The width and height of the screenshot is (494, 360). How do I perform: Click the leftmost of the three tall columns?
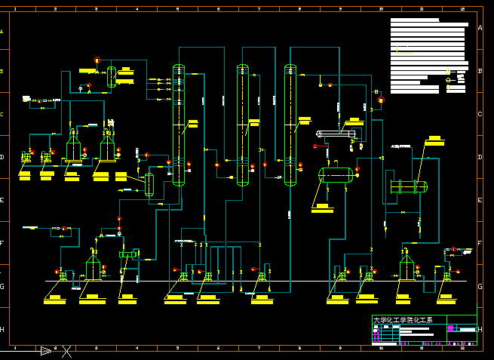pyautogui.click(x=179, y=125)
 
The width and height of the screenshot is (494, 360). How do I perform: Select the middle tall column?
pyautogui.click(x=242, y=125)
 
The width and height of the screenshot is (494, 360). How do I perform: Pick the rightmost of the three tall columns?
pyautogui.click(x=290, y=125)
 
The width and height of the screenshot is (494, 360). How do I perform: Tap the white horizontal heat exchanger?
pyautogui.click(x=335, y=134)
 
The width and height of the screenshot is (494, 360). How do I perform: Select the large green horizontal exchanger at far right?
pyautogui.click(x=408, y=187)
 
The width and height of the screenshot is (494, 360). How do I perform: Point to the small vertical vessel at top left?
pyautogui.click(x=111, y=76)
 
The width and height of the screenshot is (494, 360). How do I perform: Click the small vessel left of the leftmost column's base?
pyautogui.click(x=149, y=184)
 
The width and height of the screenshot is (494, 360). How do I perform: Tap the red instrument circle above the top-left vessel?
pyautogui.click(x=97, y=60)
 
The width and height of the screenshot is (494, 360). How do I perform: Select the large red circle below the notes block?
pyautogui.click(x=381, y=100)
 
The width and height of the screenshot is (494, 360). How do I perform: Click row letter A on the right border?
pyautogui.click(x=480, y=27)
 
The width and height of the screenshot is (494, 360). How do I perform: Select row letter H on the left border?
pyautogui.click(x=2, y=330)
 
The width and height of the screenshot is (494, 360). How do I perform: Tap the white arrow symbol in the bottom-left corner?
pyautogui.click(x=46, y=350)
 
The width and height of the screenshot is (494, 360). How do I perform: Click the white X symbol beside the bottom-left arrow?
pyautogui.click(x=68, y=350)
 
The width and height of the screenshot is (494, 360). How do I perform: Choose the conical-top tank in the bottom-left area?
pyautogui.click(x=93, y=266)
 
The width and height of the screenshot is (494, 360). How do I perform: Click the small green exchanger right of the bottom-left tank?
pyautogui.click(x=129, y=255)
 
